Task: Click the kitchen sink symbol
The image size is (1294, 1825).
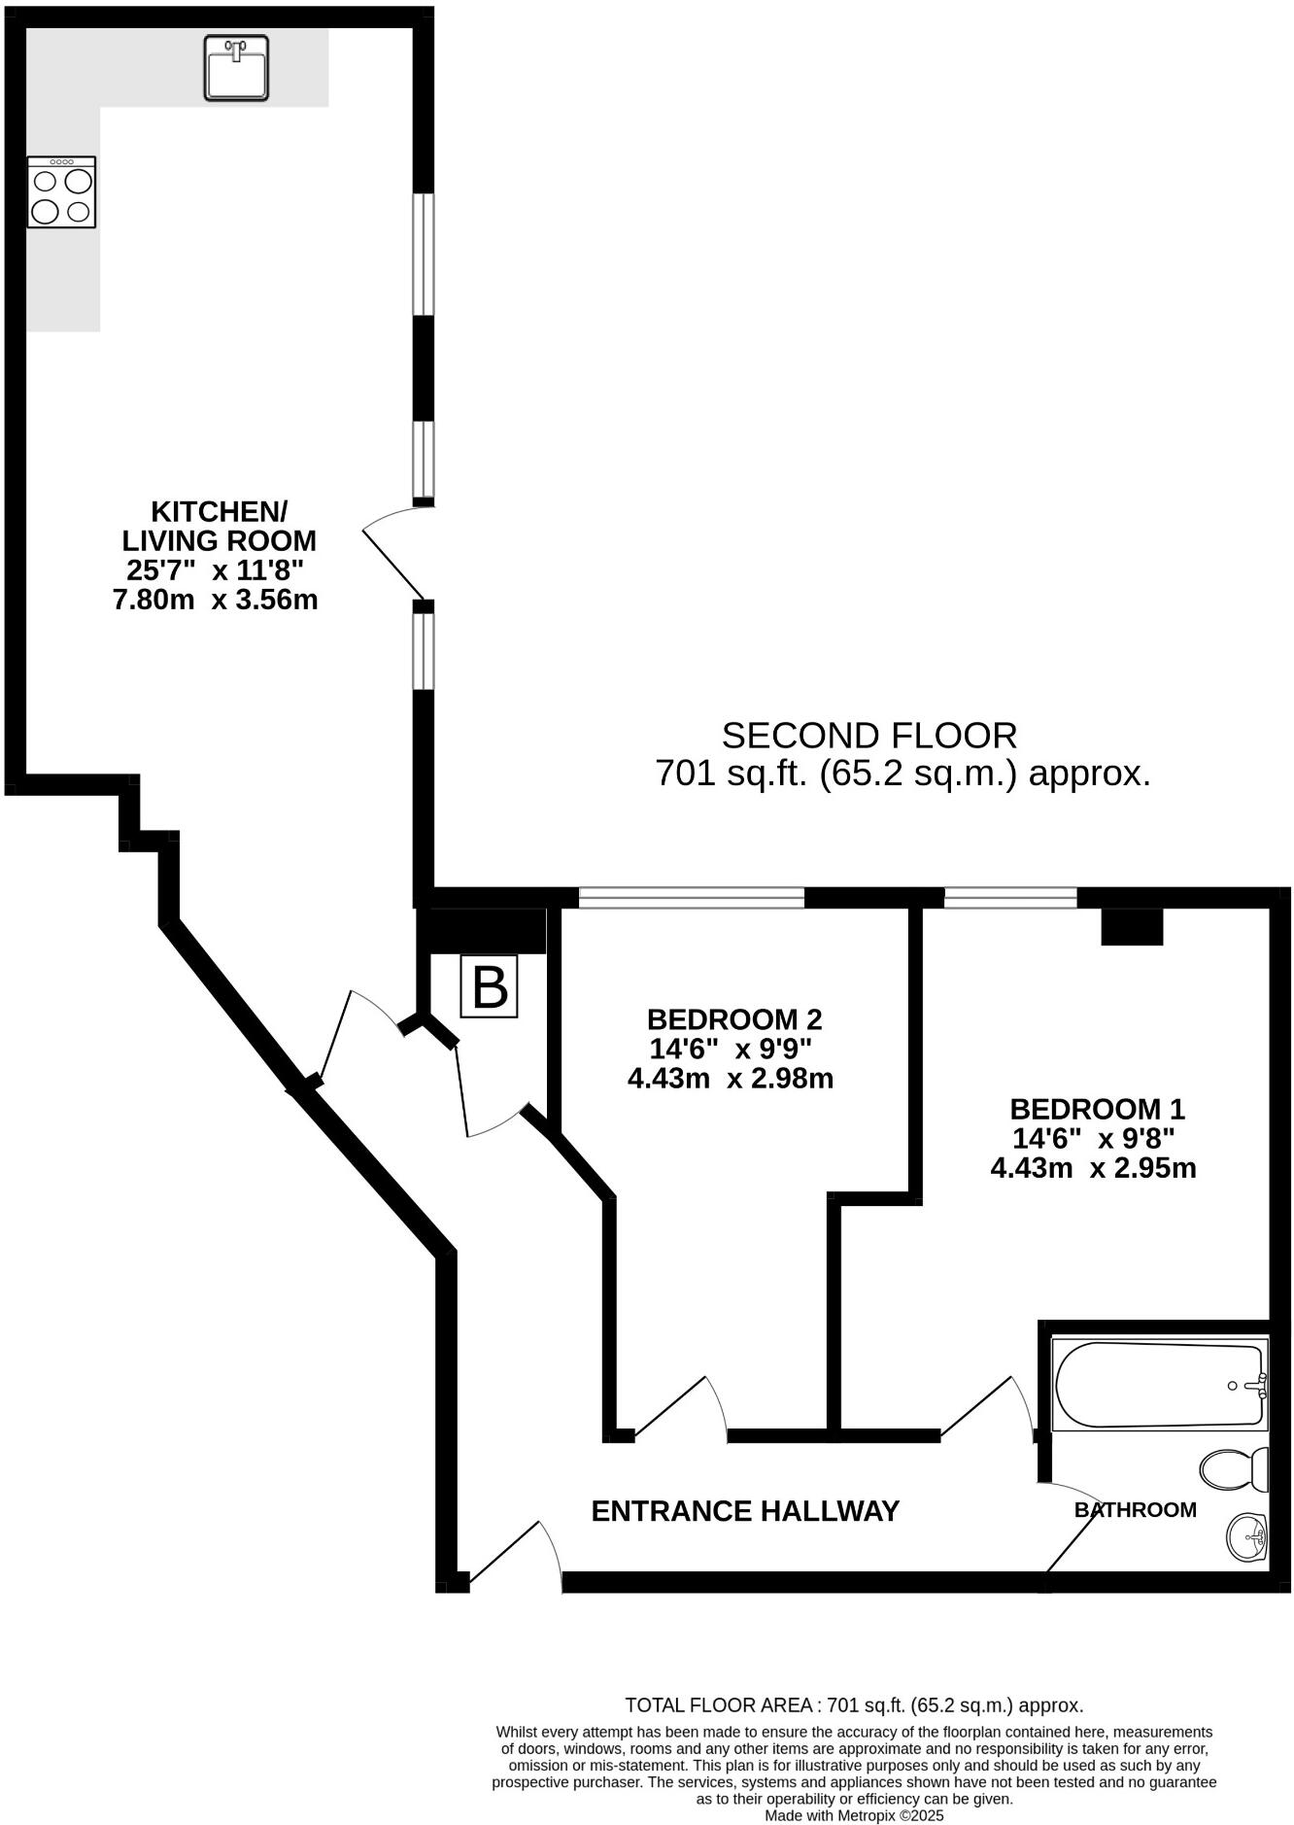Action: pos(236,68)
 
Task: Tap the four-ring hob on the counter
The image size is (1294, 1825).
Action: pos(61,192)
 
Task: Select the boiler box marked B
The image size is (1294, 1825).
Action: pos(489,987)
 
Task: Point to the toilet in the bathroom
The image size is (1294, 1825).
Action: pos(1234,1469)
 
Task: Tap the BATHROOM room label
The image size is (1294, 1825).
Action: pos(1135,1509)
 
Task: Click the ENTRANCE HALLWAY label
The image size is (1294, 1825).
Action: pos(745,1511)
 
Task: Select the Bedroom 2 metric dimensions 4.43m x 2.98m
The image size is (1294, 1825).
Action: pos(731,1079)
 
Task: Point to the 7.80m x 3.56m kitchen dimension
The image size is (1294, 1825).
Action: pos(216,600)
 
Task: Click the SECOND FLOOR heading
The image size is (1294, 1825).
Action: pos(868,736)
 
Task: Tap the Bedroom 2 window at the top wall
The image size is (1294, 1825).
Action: pos(692,898)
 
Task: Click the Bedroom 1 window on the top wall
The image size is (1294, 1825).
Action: pos(1010,898)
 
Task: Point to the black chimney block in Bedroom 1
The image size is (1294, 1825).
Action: pos(1132,926)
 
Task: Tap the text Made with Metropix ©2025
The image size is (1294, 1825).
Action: pos(854,1814)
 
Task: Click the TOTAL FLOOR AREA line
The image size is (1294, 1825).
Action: pos(854,1704)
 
